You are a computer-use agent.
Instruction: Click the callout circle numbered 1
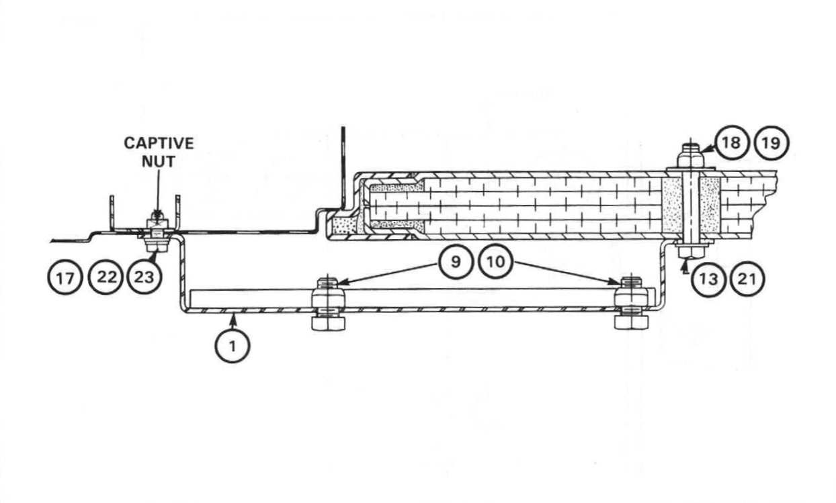(232, 346)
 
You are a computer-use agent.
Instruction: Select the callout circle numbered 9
(456, 262)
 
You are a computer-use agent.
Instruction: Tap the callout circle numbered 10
(496, 262)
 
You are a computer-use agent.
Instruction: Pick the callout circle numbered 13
(708, 279)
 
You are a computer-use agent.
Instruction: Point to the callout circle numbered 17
(65, 278)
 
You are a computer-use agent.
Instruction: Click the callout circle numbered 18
(730, 142)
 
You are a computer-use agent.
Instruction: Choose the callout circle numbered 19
(771, 143)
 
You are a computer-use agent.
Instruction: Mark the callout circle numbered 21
(747, 279)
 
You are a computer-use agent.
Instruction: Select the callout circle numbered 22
(106, 277)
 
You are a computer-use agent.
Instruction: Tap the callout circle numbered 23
(144, 277)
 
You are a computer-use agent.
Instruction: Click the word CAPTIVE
(159, 143)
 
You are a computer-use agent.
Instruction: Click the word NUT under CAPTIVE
(159, 161)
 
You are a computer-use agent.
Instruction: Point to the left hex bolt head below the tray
(329, 323)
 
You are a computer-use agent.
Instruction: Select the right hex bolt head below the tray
(632, 322)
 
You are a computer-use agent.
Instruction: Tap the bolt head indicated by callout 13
(692, 252)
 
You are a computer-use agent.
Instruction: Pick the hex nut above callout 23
(157, 246)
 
